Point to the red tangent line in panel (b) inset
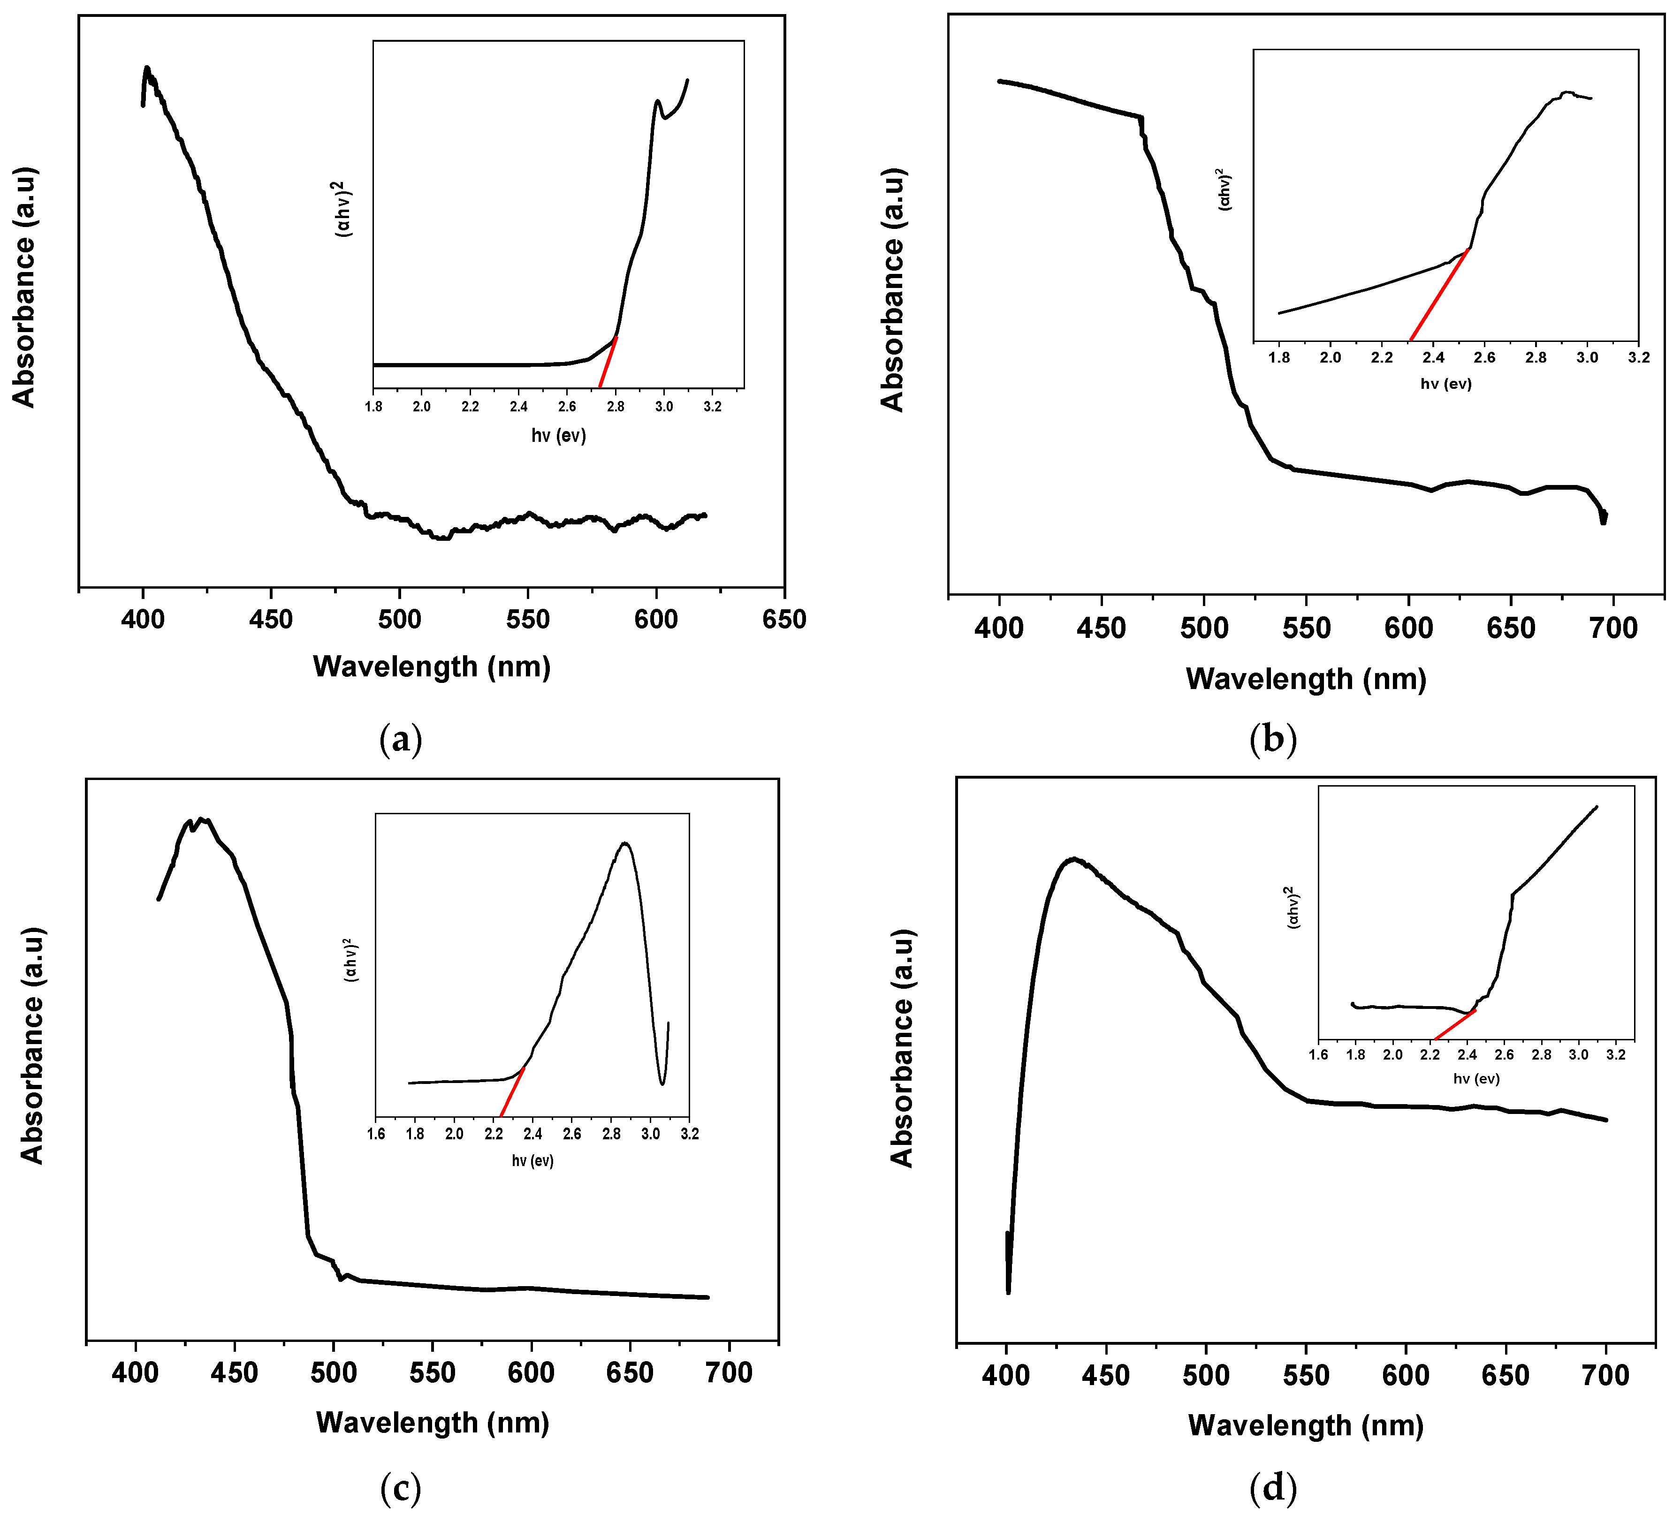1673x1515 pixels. [x=1440, y=295]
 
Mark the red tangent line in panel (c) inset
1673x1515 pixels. [x=512, y=1092]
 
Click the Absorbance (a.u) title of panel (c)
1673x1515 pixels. [x=31, y=1045]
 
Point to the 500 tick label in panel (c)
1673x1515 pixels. [x=334, y=1372]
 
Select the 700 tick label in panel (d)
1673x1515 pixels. [x=1606, y=1376]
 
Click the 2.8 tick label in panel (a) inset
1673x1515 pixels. [x=616, y=407]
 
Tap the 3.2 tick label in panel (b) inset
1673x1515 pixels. [x=1638, y=357]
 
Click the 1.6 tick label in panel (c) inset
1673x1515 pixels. [x=376, y=1134]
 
